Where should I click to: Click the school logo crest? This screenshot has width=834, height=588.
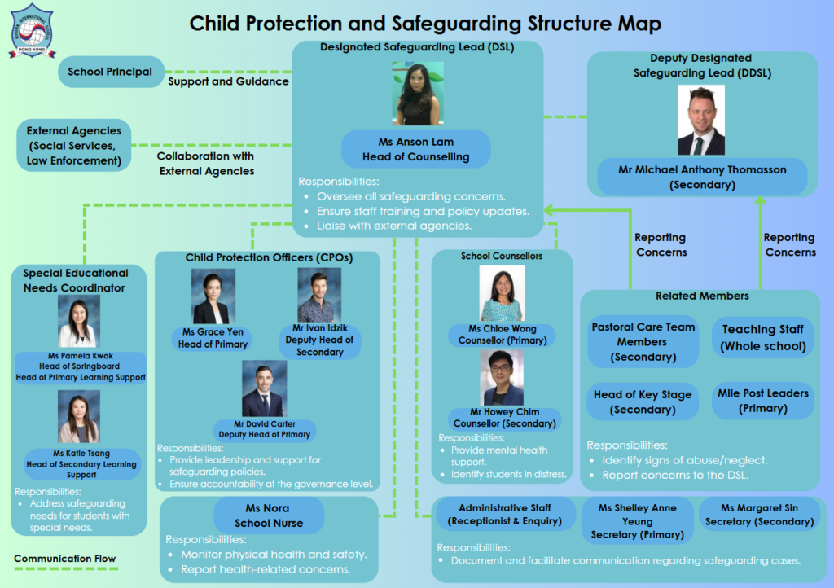click(x=32, y=30)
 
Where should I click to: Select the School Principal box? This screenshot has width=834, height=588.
click(x=111, y=72)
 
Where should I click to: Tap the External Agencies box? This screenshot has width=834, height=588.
click(x=74, y=145)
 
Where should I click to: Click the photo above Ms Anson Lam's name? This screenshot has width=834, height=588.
click(x=418, y=94)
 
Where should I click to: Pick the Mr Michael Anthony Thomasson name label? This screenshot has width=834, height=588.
click(x=702, y=177)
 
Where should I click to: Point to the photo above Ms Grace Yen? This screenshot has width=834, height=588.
click(x=213, y=296)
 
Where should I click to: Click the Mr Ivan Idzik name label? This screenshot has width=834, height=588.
click(x=319, y=340)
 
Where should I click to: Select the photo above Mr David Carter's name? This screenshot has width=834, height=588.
click(x=265, y=388)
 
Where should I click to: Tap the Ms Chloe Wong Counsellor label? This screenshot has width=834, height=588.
click(x=502, y=335)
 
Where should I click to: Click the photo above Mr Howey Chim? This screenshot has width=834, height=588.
click(x=502, y=378)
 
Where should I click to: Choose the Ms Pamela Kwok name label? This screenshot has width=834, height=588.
click(x=81, y=366)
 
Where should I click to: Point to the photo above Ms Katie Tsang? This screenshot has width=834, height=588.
click(x=79, y=417)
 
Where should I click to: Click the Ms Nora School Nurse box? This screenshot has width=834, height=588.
click(x=269, y=516)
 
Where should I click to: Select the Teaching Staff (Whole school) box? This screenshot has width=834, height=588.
click(x=763, y=338)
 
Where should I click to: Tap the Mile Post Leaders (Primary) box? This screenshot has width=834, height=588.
click(x=762, y=401)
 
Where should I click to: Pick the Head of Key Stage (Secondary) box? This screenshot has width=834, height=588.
click(x=643, y=402)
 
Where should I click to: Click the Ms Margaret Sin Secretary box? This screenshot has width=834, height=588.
click(x=760, y=515)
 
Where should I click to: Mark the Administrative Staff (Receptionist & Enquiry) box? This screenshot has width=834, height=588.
click(x=505, y=515)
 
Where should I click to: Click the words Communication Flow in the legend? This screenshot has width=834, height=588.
click(x=65, y=559)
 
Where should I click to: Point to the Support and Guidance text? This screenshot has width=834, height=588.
click(x=229, y=81)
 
